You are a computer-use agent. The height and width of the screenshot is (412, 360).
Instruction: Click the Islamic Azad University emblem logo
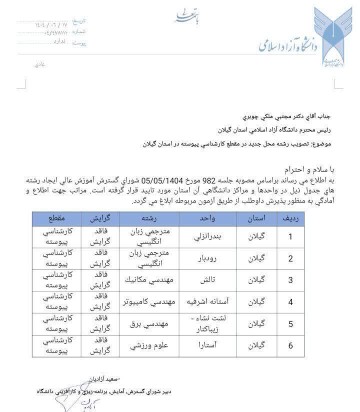click(329, 37)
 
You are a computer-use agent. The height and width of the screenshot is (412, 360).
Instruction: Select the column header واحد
click(207, 218)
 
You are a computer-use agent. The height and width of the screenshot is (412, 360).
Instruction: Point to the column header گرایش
click(100, 218)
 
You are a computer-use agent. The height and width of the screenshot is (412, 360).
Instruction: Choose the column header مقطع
click(56, 218)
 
